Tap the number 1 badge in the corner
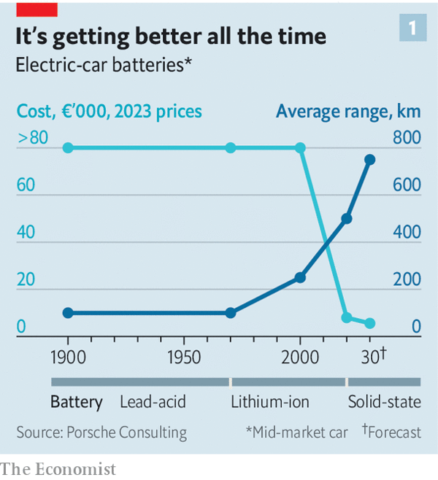point(413,28)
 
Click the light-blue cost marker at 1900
point(68,148)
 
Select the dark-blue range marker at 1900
point(68,313)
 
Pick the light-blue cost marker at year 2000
point(300,148)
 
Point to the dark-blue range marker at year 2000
point(300,277)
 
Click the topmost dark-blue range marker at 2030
point(369,160)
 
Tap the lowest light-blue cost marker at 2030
point(369,323)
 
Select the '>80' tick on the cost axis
point(32,137)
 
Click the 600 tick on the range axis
point(406,185)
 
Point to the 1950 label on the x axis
point(183,357)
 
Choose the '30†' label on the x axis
point(373,356)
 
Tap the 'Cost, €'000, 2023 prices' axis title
point(109,112)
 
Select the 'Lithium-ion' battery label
point(270,402)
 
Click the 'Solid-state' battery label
point(385,402)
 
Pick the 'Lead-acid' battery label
point(153,402)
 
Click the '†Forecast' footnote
point(391,432)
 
